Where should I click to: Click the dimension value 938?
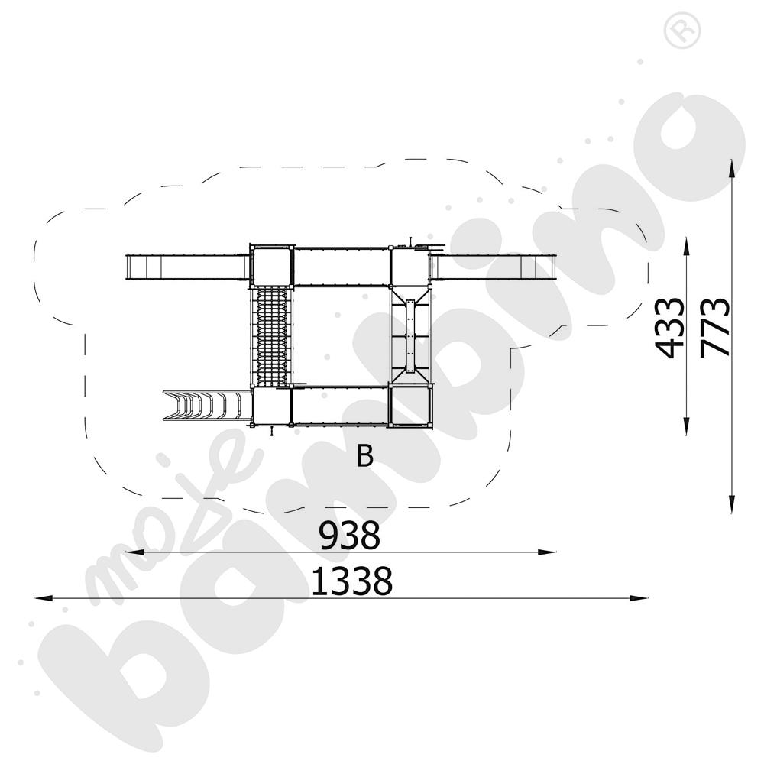click(349, 535)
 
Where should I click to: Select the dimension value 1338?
click(351, 581)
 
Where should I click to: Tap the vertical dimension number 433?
click(669, 328)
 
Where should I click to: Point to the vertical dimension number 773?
click(715, 328)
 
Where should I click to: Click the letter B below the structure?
click(365, 456)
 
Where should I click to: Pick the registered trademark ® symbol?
click(682, 29)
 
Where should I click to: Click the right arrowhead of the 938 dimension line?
click(547, 552)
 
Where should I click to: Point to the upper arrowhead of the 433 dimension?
click(686, 247)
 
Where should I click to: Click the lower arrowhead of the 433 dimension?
click(686, 426)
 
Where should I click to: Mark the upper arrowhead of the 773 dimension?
click(732, 168)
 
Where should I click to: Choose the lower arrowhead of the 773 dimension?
click(732, 504)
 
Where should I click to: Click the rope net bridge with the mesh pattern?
click(271, 335)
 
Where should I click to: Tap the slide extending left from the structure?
click(188, 267)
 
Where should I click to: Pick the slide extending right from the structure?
click(494, 267)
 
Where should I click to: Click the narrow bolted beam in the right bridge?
click(410, 337)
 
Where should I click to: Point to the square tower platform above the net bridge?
click(272, 266)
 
